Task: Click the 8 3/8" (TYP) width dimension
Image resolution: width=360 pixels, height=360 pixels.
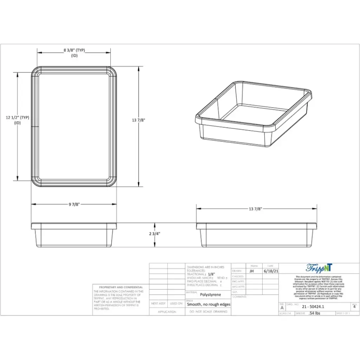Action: coord(74,50)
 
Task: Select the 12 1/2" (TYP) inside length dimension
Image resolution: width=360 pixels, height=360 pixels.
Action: coord(17,118)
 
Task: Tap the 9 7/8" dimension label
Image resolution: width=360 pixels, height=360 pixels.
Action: coord(74,204)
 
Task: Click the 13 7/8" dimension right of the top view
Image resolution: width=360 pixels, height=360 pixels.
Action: coord(139,120)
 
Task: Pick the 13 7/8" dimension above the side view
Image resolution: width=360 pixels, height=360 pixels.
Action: coord(256,209)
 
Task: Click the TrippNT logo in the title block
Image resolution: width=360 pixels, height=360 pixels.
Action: coord(319,268)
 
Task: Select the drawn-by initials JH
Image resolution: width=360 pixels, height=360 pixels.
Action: coord(251,271)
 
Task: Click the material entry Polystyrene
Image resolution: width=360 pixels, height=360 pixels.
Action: coord(211,295)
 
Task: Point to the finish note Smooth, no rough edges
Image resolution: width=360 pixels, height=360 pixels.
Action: coord(208,304)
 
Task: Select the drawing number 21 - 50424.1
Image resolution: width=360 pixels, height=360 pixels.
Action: coord(313,307)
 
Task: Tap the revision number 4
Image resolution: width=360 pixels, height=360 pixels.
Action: coord(354,307)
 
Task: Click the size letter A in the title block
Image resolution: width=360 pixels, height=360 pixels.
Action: coord(282,307)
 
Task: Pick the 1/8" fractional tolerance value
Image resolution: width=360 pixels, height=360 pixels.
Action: coord(211,274)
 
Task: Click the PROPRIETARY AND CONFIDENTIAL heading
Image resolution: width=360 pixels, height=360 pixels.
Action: coord(121,287)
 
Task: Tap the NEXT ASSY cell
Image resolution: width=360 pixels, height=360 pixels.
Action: coord(158,303)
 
